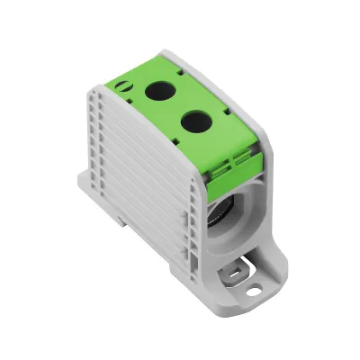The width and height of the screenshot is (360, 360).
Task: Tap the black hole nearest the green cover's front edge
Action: click(193, 119)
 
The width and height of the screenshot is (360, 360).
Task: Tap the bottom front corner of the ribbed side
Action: click(203, 270)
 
